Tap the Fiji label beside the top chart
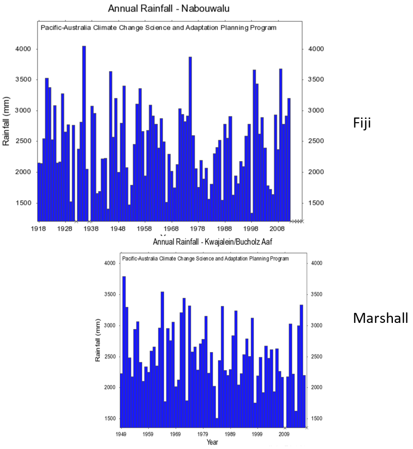[x=362, y=123]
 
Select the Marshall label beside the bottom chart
[x=380, y=318]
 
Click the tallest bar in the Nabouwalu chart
[x=84, y=134]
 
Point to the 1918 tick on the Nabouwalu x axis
[x=39, y=229]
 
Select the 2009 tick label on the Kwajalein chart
[x=284, y=434]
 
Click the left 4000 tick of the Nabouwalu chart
[x=23, y=49]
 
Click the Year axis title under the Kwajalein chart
[x=212, y=442]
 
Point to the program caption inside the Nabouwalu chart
[x=158, y=28]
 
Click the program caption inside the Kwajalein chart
[x=206, y=258]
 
